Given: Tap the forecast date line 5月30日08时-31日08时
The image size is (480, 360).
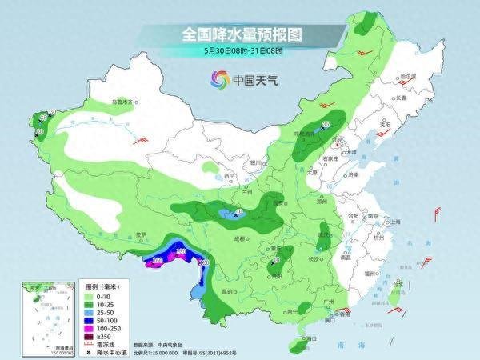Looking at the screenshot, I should coord(240,50).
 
